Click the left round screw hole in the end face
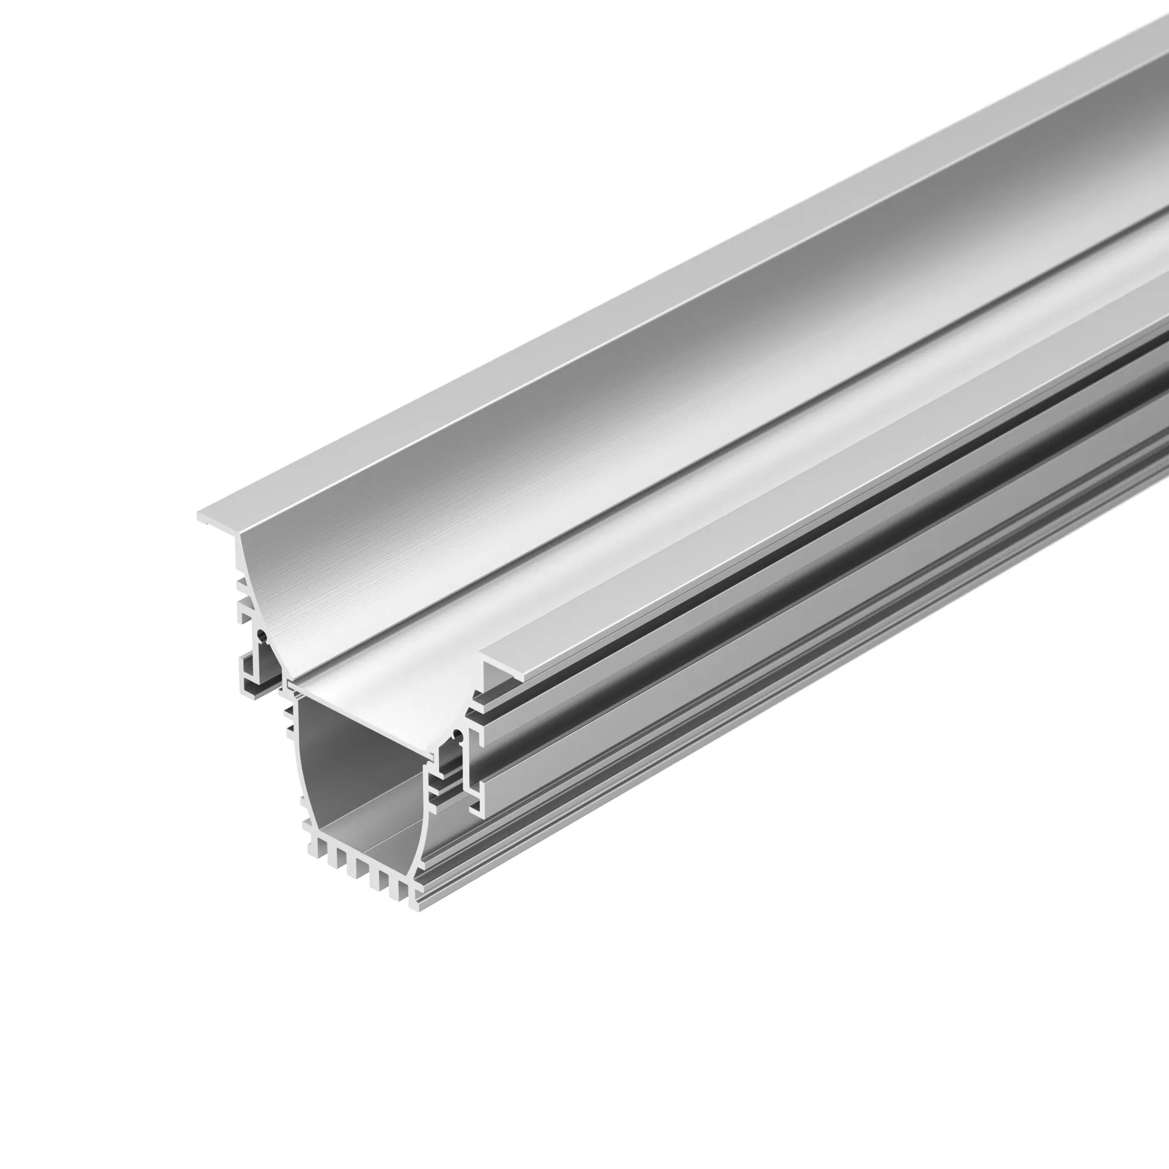pos(261,635)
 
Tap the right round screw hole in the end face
pos(458,736)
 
